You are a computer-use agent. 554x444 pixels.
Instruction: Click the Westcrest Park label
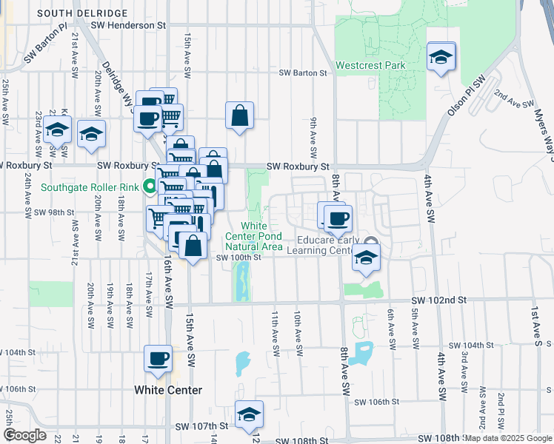tap(370, 65)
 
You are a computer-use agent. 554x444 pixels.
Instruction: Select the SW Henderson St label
tap(127, 25)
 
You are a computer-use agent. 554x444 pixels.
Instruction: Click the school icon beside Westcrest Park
tap(441, 57)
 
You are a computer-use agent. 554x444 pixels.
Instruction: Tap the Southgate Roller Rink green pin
tap(149, 187)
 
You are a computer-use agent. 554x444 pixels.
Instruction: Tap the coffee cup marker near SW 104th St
tap(158, 359)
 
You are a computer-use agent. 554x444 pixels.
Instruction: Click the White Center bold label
tap(168, 390)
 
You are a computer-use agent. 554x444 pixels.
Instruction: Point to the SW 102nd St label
tap(440, 300)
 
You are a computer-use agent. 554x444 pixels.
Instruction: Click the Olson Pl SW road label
tap(464, 96)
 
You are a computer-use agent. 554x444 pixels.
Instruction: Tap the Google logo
tap(24, 435)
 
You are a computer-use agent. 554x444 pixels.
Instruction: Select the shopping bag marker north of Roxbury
tap(239, 115)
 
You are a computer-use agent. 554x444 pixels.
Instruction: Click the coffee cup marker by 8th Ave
tap(338, 218)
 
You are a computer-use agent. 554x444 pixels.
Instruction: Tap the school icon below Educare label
tap(364, 258)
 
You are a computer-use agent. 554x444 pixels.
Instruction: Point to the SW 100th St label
tap(238, 258)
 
